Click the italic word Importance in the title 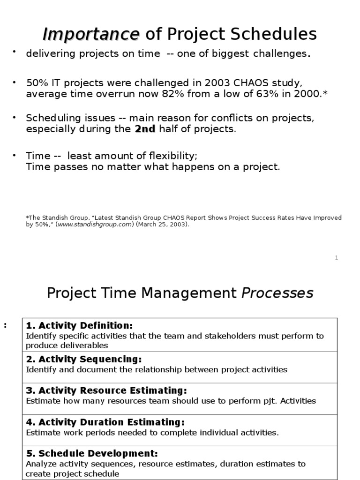91,34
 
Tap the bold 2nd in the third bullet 145,129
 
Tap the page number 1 337,258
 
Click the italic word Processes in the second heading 277,293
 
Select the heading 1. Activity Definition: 79,325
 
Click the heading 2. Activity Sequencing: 83,359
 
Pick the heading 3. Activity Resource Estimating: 106,390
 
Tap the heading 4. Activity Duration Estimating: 105,422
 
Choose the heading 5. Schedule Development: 92,453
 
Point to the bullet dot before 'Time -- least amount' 15,154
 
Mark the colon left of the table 5,325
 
